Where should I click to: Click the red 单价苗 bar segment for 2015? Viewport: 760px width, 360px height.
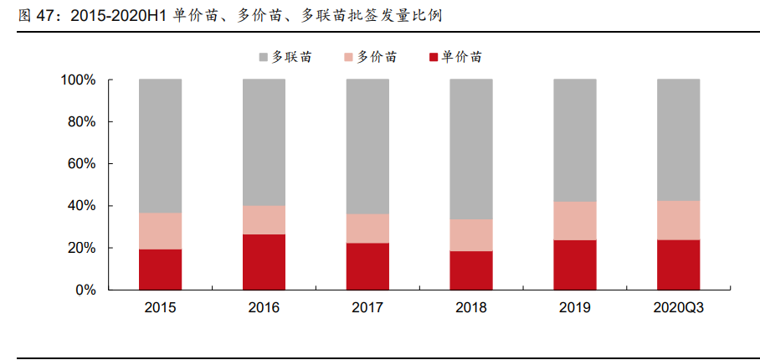tap(160, 269)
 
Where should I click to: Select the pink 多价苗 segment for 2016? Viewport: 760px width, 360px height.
tap(264, 219)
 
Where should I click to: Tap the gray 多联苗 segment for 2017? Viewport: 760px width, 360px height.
tap(367, 147)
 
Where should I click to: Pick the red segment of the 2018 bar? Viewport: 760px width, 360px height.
tap(471, 270)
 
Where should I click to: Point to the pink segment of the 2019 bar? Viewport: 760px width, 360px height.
tap(575, 220)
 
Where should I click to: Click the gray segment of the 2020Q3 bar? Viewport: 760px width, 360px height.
tap(679, 140)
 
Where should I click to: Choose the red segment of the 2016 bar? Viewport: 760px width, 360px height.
tap(264, 261)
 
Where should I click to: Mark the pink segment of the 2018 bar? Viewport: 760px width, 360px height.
tap(471, 234)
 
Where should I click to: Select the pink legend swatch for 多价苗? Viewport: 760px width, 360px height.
tap(349, 58)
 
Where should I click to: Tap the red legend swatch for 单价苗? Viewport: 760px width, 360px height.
tap(434, 58)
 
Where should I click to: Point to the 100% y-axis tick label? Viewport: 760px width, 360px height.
tap(78, 80)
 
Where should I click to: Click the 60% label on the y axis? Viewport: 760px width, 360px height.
tap(82, 164)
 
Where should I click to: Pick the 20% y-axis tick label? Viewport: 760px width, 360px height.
tap(82, 248)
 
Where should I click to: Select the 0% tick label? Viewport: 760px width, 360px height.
tap(85, 291)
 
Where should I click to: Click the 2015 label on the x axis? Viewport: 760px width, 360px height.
tap(160, 308)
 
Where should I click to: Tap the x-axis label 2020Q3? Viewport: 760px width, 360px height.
tap(679, 308)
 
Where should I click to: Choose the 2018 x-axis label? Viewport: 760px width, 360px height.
tap(471, 308)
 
